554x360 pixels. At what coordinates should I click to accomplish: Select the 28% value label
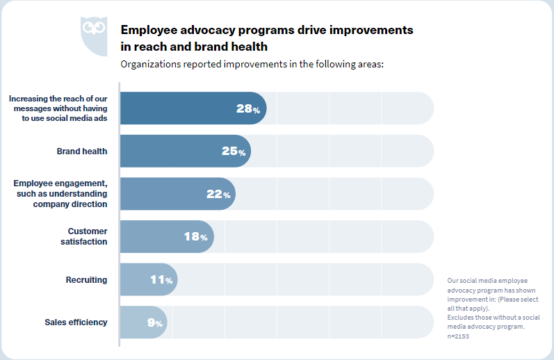point(247,109)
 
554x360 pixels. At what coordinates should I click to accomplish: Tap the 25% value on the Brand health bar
point(234,152)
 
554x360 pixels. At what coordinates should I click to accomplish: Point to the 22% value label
point(218,195)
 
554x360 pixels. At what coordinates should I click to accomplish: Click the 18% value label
point(195,237)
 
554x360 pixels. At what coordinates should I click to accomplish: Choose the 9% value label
point(154,322)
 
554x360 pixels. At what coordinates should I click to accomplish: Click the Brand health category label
point(82,152)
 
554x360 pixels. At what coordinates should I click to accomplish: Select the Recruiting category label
point(86,280)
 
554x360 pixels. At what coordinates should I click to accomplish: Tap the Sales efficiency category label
point(76,322)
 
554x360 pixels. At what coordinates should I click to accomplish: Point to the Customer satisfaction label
point(88,236)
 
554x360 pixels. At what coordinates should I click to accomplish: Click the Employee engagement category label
point(60,194)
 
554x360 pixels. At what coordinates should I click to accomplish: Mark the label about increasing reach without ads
point(58,108)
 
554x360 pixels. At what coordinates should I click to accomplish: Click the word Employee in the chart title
point(149,31)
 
